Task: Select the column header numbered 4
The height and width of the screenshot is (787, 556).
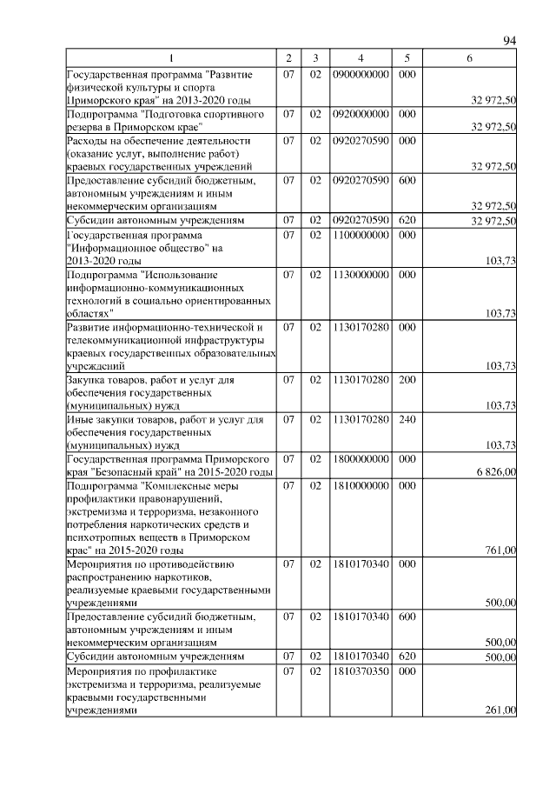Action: (360, 57)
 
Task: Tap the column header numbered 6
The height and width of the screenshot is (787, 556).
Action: (469, 57)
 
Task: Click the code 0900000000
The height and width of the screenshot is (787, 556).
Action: (360, 74)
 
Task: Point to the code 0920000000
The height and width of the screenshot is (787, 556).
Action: (360, 114)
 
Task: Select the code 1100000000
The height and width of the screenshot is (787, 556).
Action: (360, 235)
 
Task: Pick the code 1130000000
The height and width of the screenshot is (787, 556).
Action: (360, 274)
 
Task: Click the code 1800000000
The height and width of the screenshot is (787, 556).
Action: (360, 458)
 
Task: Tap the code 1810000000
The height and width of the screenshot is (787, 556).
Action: (360, 484)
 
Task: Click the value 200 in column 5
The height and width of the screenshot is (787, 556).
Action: (406, 379)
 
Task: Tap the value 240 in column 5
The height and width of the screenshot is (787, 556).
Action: (406, 419)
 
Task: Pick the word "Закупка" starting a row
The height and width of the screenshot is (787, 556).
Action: (89, 379)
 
